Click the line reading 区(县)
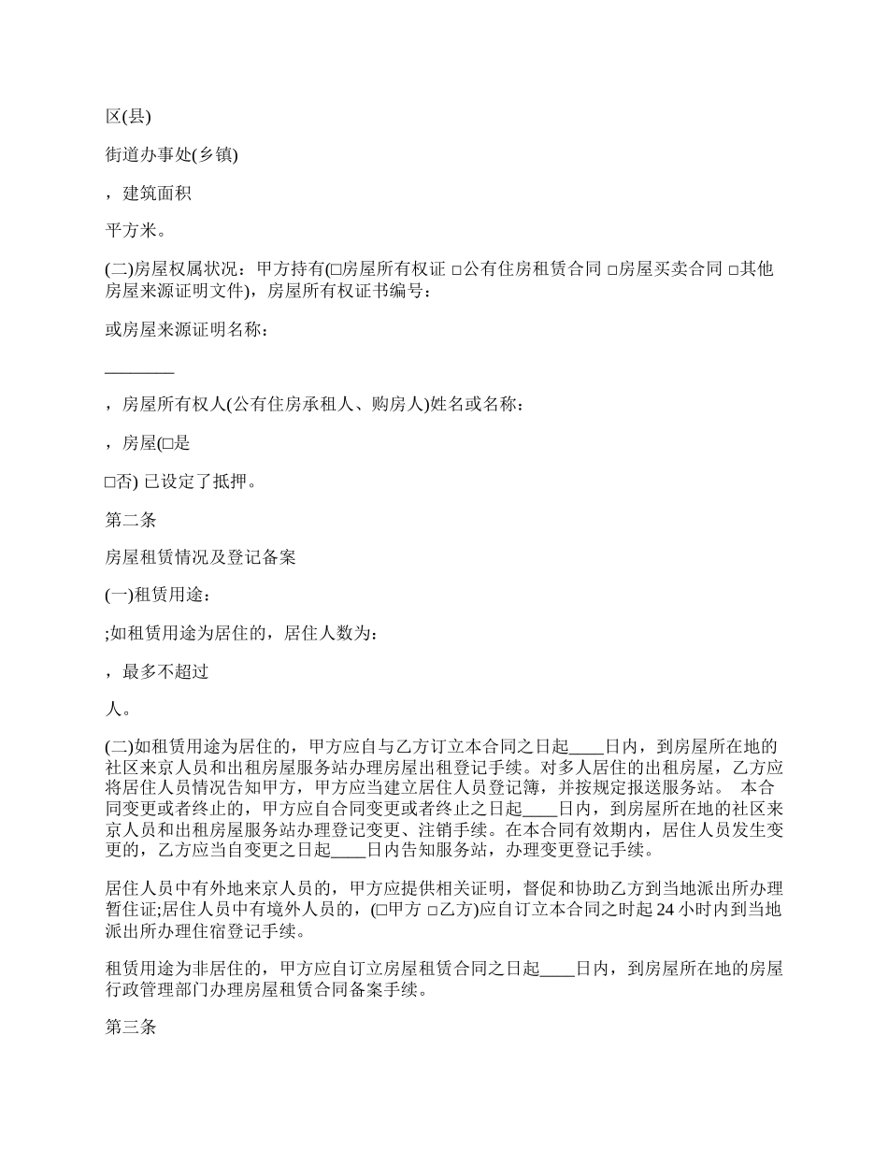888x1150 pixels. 128,116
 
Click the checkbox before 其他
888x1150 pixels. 734,271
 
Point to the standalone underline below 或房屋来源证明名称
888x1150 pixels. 139,371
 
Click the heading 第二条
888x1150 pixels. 130,520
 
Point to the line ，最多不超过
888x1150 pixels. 156,671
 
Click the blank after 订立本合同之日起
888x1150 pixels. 586,747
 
